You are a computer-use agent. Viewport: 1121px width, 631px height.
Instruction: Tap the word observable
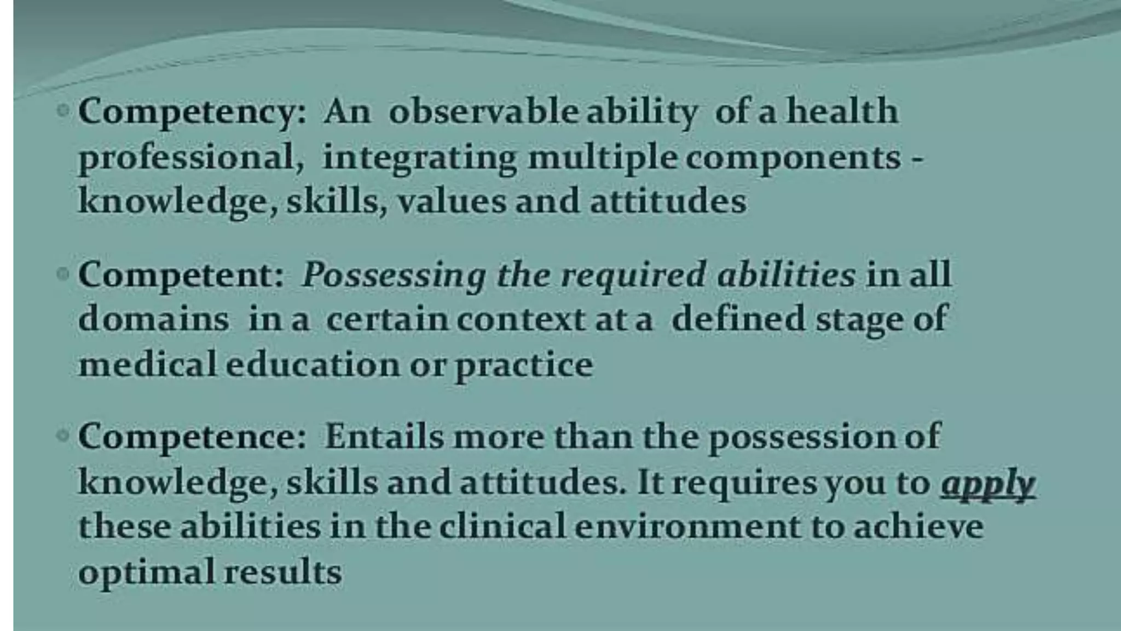[x=483, y=112]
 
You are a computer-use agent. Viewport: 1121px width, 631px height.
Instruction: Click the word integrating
[x=419, y=158]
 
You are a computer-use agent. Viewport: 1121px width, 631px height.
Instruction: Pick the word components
[x=793, y=158]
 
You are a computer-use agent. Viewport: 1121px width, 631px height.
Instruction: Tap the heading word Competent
[x=181, y=275]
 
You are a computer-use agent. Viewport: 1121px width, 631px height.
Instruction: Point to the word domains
[x=153, y=319]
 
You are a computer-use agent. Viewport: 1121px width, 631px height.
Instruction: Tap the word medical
[x=148, y=364]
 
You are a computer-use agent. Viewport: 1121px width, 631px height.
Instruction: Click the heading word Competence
[x=192, y=437]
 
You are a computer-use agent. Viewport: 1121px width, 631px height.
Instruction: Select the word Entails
[x=384, y=437]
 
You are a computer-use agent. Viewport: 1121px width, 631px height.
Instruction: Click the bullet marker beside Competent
[x=64, y=273]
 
